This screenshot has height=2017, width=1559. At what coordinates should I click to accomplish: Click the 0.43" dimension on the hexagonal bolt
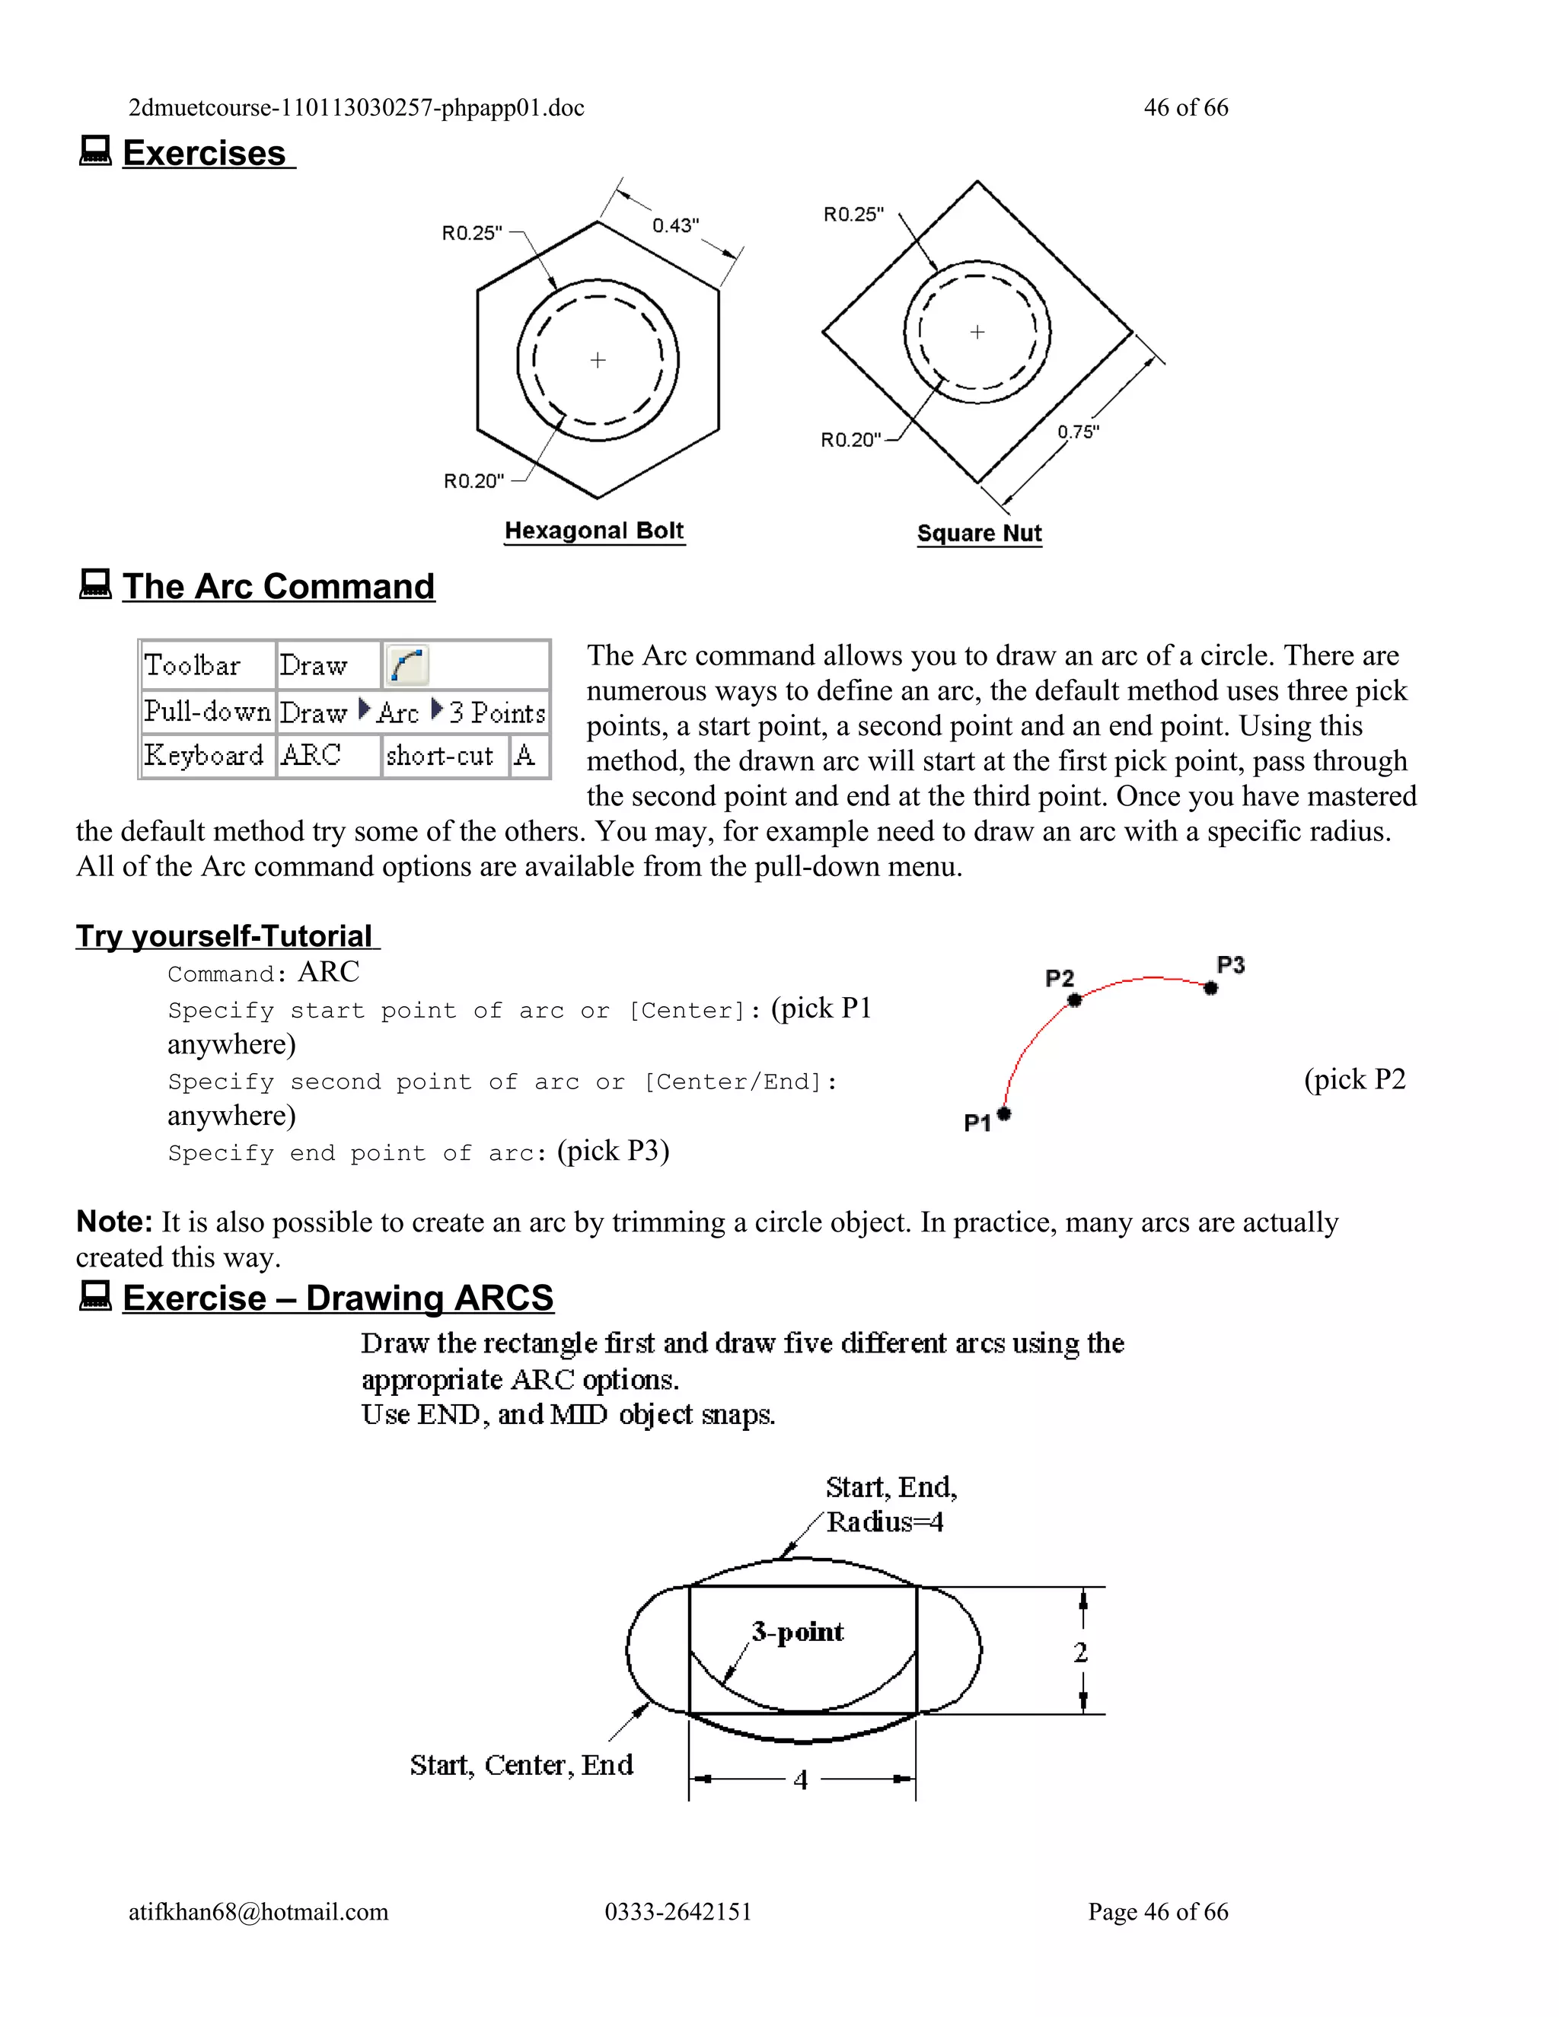point(675,225)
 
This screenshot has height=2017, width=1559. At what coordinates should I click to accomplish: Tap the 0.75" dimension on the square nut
point(1078,432)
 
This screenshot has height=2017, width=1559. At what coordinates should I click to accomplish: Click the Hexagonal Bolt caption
point(594,531)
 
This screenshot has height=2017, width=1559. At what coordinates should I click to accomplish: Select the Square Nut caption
point(979,534)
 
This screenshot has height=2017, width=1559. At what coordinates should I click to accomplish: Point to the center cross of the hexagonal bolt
point(598,360)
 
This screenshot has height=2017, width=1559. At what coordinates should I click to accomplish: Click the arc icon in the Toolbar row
point(406,665)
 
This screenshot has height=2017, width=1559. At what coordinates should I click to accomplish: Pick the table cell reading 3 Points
point(497,712)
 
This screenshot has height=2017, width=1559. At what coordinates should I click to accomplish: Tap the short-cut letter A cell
point(524,756)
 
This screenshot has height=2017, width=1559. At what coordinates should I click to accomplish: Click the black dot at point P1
point(1004,1113)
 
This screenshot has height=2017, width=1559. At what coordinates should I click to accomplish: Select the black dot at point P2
point(1074,1000)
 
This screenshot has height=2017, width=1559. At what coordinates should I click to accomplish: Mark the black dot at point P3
point(1211,988)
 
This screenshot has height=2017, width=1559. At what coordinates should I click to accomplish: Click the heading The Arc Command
point(278,586)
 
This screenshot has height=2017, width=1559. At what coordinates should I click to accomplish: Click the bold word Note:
point(113,1221)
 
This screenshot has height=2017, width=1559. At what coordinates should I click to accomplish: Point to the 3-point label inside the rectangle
point(797,1632)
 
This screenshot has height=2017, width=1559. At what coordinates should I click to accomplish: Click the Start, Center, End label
point(521,1765)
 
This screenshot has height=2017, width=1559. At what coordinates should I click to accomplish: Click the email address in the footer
point(258,1912)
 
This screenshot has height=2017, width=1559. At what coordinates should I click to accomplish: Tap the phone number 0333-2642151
point(678,1912)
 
